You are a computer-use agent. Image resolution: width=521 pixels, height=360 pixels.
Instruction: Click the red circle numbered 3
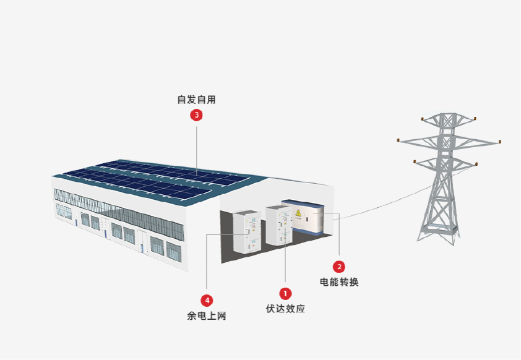197,115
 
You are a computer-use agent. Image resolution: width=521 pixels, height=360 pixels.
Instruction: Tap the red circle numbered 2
339,267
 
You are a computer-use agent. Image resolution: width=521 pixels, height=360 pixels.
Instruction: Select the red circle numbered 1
285,293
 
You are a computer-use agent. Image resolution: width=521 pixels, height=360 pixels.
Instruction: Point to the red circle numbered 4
207,300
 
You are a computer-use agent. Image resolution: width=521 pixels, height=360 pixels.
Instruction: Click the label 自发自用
197,99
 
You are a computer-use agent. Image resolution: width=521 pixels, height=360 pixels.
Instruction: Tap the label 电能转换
339,283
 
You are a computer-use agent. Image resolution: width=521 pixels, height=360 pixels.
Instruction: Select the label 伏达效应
285,309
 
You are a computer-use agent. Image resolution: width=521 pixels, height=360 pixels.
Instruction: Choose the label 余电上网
207,316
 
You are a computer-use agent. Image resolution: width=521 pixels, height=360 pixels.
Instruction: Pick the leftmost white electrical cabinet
246,231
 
